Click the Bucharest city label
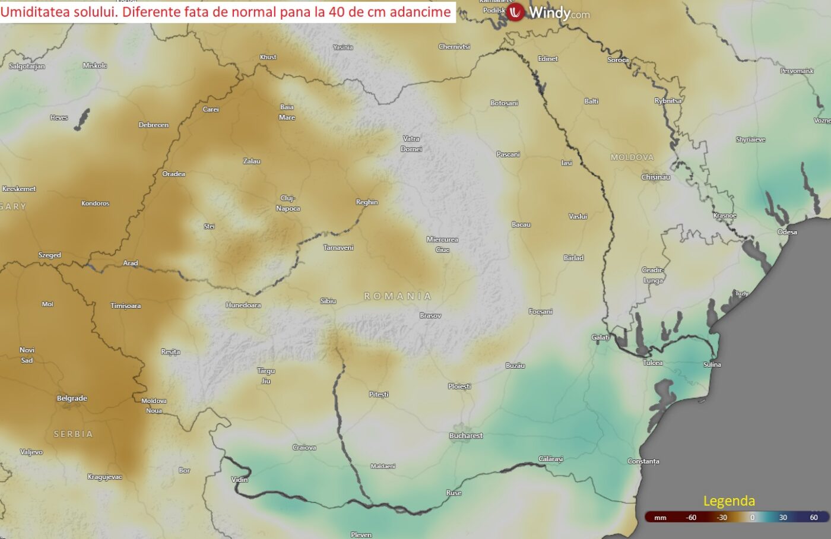[466, 436]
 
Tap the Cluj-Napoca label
[288, 203]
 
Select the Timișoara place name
[126, 306]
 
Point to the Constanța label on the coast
[643, 461]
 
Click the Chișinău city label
[655, 177]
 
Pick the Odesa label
[787, 232]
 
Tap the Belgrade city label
[72, 398]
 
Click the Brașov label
[430, 316]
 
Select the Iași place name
[567, 163]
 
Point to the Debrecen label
[154, 125]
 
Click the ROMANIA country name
[398, 296]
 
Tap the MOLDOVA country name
[632, 157]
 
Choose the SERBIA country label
[73, 434]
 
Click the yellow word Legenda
[729, 501]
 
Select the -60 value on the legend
[691, 518]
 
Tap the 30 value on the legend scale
[783, 518]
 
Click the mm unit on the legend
[660, 518]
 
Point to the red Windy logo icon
[515, 11]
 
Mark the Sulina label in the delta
[712, 364]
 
